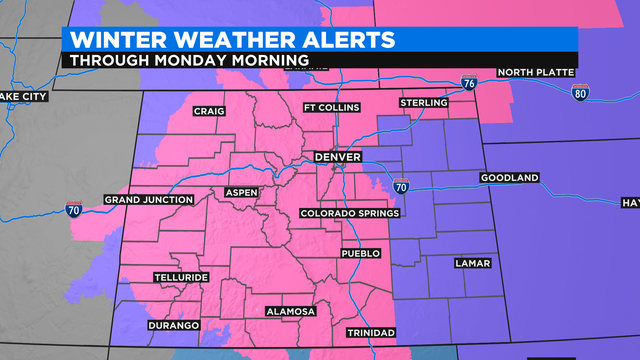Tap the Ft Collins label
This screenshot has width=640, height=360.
click(330, 108)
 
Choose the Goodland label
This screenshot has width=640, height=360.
click(509, 178)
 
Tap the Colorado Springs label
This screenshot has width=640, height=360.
click(350, 213)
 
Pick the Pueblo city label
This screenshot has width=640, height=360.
click(362, 254)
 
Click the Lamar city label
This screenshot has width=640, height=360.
click(471, 263)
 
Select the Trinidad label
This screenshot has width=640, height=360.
click(371, 332)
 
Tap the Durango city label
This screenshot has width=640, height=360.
click(173, 326)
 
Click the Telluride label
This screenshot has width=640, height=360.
click(181, 275)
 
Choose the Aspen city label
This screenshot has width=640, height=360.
click(241, 191)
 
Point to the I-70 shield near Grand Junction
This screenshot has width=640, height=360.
click(74, 210)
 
